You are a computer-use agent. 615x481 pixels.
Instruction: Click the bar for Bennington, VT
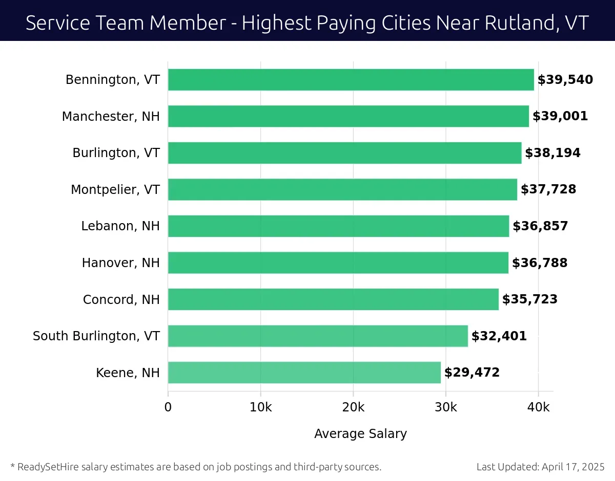coord(351,80)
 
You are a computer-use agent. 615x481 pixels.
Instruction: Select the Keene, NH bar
coord(304,373)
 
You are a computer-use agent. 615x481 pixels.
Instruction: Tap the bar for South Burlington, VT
coord(318,336)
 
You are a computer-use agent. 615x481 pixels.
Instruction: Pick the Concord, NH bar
coord(333,299)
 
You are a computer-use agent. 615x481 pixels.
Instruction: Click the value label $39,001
coord(560,116)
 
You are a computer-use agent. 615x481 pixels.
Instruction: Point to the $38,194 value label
coord(552,153)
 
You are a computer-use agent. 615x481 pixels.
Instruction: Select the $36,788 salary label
coord(540,263)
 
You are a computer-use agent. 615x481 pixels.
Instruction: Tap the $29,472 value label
coord(471,373)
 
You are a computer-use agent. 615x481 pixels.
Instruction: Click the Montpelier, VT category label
coord(115,190)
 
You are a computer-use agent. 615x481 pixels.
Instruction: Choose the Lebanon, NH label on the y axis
coord(120,226)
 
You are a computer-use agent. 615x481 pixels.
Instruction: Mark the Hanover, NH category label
coord(121,263)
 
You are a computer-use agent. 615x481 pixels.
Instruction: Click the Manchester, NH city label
coord(111,117)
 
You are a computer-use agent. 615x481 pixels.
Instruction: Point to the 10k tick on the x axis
coord(260,407)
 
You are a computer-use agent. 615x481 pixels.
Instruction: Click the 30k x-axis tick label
coord(445,407)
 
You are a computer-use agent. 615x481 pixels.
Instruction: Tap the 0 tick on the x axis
coord(168,407)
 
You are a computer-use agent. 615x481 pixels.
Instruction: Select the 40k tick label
coord(538,407)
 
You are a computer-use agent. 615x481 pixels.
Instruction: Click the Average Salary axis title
coord(360,434)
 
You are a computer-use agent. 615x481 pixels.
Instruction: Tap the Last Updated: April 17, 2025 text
coord(540,467)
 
